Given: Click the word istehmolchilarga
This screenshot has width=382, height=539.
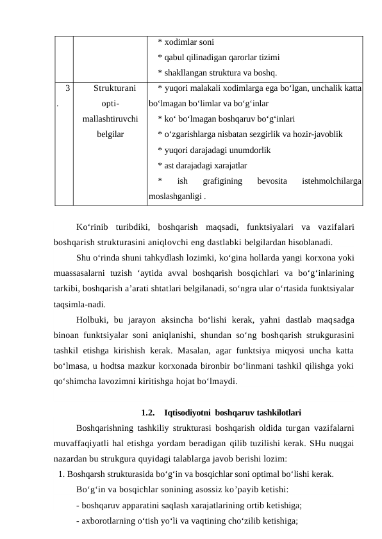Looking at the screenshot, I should click(331, 182).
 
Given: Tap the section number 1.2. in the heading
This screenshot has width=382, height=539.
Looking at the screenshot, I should click(147, 412).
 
